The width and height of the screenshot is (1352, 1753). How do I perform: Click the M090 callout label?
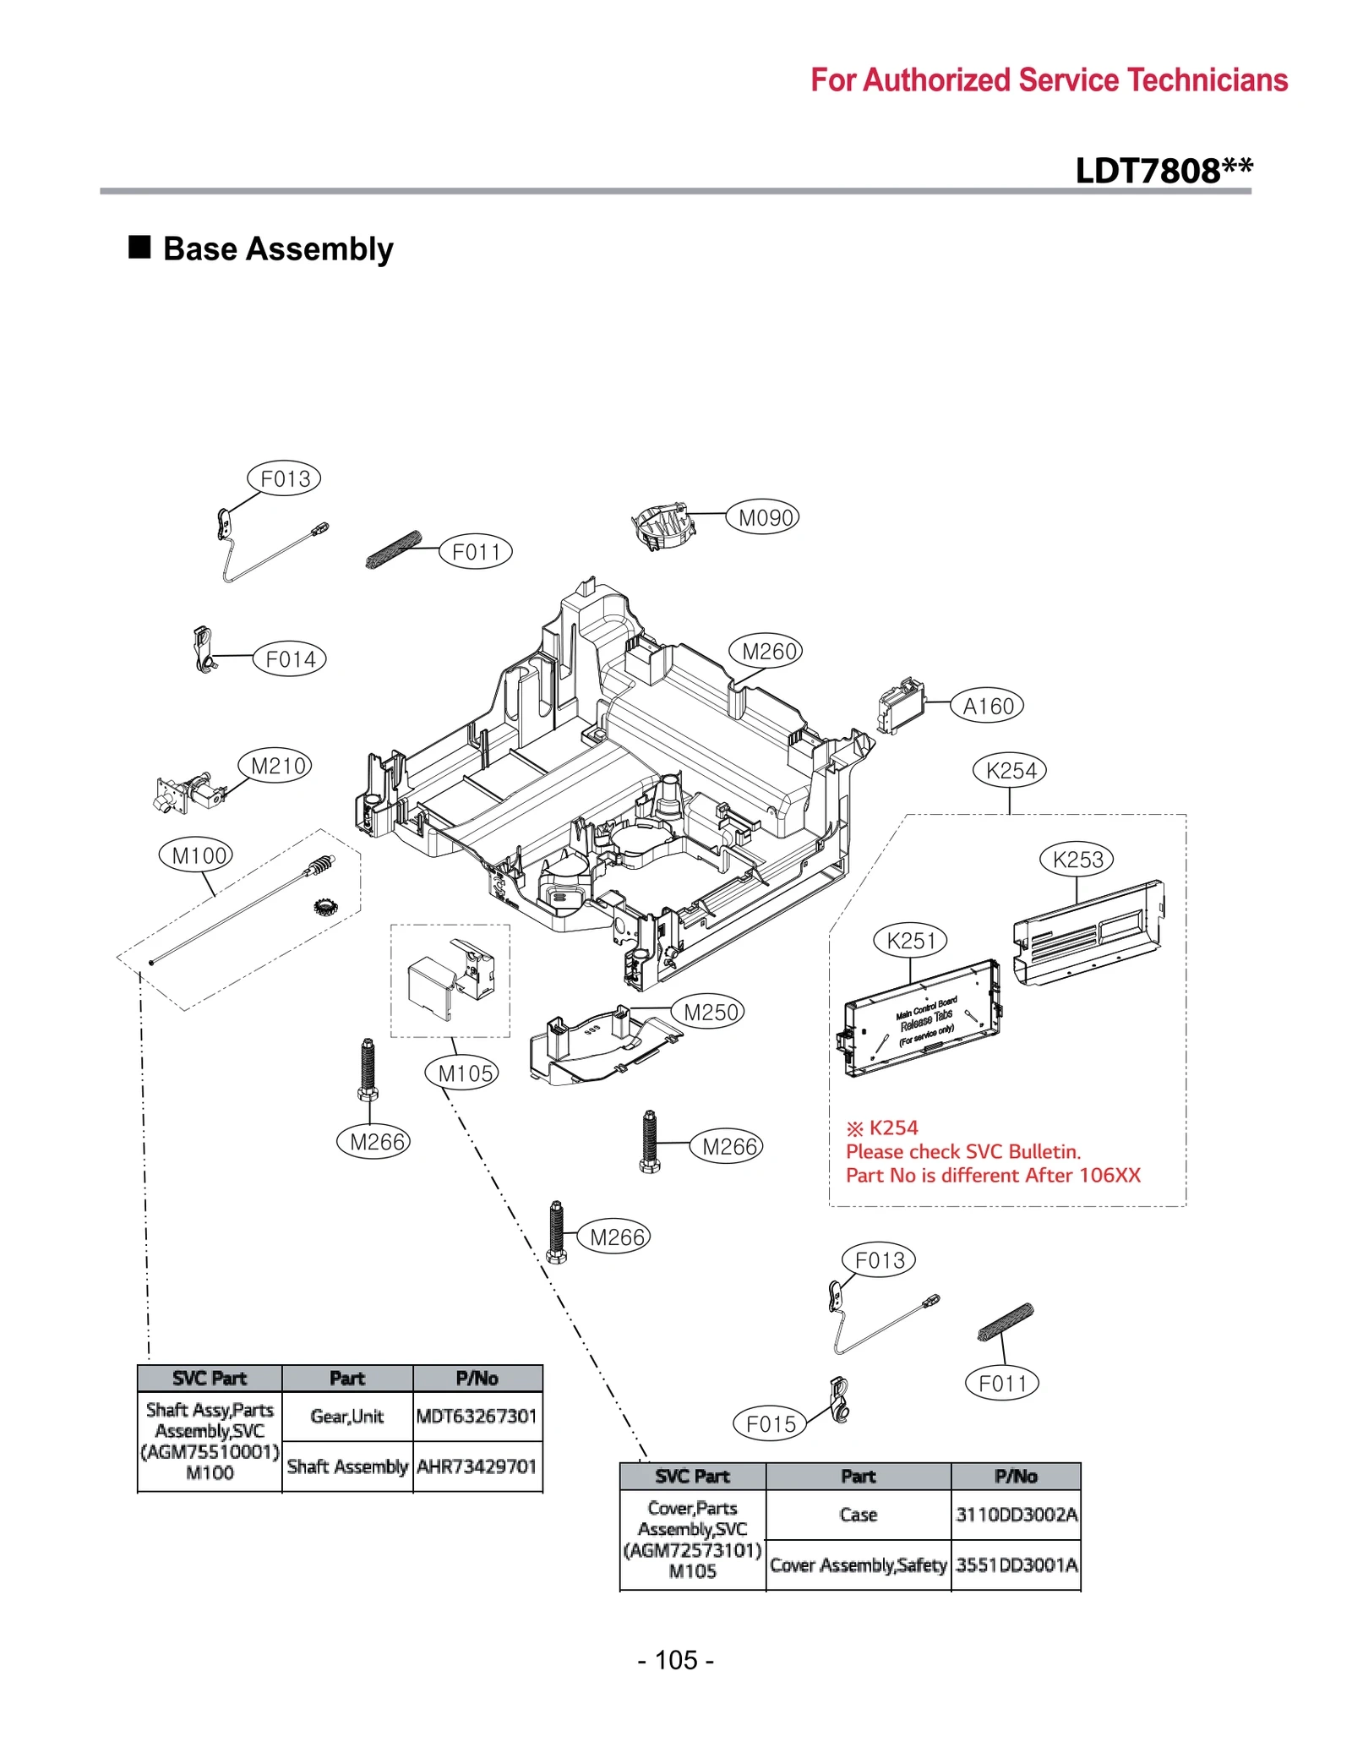(x=766, y=517)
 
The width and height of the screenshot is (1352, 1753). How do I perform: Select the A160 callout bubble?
(x=988, y=706)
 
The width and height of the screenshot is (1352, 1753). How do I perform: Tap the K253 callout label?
(x=1077, y=860)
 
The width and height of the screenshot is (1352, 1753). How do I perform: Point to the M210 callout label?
(x=278, y=766)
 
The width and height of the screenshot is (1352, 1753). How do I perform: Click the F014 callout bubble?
(x=290, y=659)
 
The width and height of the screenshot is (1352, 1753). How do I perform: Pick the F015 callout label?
(x=771, y=1424)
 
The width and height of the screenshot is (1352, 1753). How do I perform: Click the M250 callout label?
(x=711, y=1012)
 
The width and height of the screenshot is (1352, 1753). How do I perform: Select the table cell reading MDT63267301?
(x=477, y=1416)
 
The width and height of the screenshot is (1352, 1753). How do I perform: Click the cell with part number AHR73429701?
(x=477, y=1466)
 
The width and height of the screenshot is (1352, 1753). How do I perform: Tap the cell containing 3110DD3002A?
(x=1017, y=1514)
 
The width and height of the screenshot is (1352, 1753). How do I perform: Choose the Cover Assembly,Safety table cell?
(x=858, y=1565)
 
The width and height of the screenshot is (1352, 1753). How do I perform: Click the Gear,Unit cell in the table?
(x=346, y=1416)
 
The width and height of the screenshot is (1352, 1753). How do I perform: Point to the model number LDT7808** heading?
(x=1164, y=171)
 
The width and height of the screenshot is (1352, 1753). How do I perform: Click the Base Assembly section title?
(x=277, y=249)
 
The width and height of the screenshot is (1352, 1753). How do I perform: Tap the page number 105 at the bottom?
(x=676, y=1659)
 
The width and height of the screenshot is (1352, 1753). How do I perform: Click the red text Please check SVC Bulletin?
(x=963, y=1151)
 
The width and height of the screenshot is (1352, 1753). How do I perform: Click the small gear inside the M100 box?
(x=325, y=908)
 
